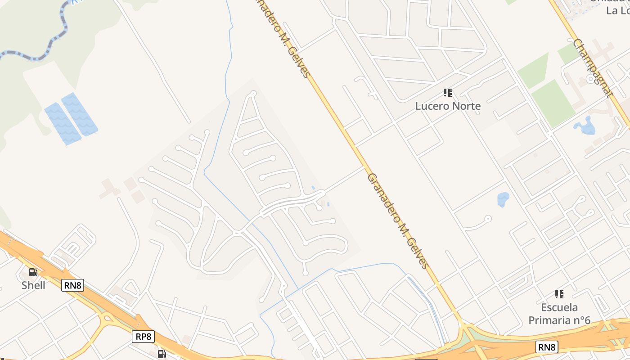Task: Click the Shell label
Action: [33, 285]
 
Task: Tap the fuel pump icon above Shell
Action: [33, 272]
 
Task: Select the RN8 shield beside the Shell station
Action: [72, 285]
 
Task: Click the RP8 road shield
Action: [143, 336]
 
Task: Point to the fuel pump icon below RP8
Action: [162, 354]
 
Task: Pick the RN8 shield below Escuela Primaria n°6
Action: [547, 347]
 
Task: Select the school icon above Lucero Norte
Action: [447, 93]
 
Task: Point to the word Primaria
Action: [546, 320]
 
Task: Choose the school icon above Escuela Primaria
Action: [559, 294]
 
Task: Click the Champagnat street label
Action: [593, 68]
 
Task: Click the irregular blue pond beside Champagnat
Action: [585, 126]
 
